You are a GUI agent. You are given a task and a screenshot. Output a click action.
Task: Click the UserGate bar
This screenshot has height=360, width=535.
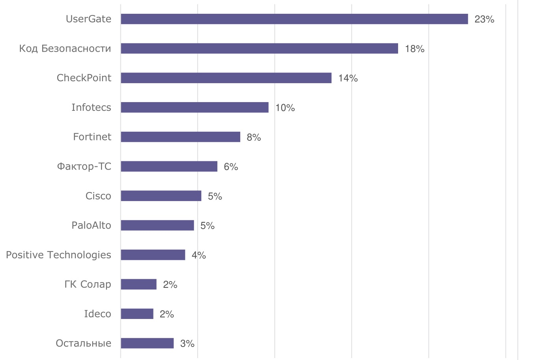[x=294, y=19]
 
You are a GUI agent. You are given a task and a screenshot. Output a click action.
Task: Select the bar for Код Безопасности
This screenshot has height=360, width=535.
[x=259, y=48]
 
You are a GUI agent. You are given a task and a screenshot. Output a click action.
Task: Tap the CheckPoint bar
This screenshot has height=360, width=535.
[x=226, y=78]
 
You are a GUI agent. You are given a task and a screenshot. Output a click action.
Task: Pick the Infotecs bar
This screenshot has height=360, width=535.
[x=195, y=107]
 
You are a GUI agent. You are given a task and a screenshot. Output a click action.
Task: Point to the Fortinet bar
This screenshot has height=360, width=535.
[x=180, y=137]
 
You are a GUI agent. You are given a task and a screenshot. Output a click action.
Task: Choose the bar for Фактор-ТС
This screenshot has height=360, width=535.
[x=169, y=166]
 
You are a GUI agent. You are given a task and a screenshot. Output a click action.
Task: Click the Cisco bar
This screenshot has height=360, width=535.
[x=161, y=196]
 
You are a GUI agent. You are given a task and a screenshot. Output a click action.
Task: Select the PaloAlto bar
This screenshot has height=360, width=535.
[x=157, y=225]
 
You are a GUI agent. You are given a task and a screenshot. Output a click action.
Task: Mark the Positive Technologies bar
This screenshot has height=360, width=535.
[x=153, y=255]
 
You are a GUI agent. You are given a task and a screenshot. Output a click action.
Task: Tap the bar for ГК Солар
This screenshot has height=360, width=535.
[x=138, y=284]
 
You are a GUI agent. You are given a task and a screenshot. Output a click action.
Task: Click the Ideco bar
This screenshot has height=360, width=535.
[x=137, y=314]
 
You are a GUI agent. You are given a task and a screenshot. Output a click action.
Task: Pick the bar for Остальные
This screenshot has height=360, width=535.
[x=147, y=343]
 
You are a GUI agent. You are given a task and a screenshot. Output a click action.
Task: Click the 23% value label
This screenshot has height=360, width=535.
[x=484, y=19]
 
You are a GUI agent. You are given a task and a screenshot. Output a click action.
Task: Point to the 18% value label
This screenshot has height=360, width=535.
[x=415, y=49]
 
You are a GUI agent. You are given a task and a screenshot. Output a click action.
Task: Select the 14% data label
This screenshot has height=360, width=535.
[x=348, y=78]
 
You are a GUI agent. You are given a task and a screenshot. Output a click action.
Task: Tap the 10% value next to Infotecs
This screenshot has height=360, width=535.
[x=285, y=108]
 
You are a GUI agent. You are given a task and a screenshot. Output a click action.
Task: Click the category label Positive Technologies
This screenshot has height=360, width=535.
[x=58, y=255]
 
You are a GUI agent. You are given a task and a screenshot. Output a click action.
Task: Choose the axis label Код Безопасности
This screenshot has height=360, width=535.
[x=65, y=48]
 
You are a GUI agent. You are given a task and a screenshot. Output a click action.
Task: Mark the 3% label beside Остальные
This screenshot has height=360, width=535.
[x=187, y=343]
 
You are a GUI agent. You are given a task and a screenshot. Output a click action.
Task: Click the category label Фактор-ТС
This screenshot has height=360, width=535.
[x=84, y=166]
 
